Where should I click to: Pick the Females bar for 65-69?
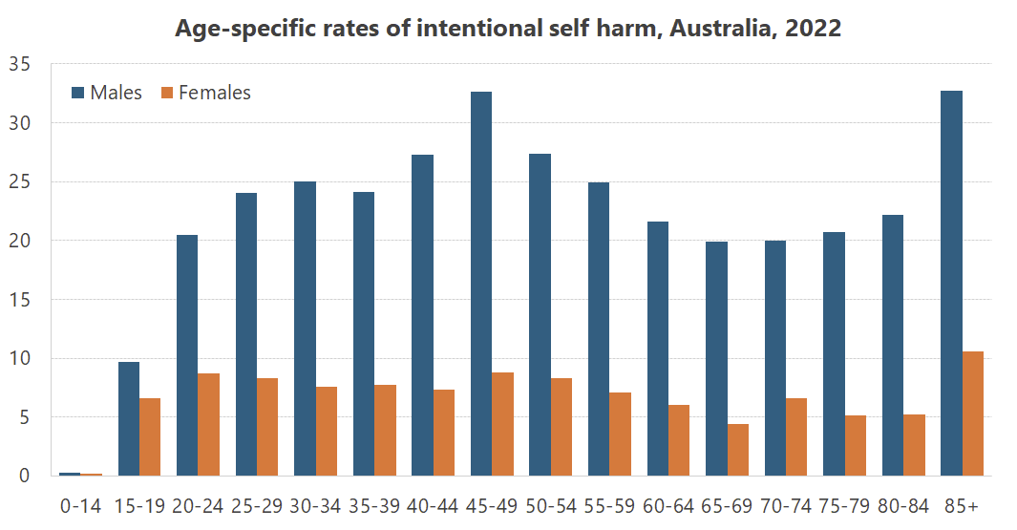[x=738, y=450]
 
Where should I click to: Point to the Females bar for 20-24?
[x=209, y=424]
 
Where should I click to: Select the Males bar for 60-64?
[x=657, y=349]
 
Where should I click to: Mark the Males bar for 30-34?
[x=305, y=329]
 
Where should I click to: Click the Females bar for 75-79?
[x=856, y=445]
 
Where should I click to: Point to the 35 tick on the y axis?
[x=20, y=64]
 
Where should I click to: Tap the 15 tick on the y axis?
[x=20, y=300]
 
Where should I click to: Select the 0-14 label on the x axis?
[x=80, y=505]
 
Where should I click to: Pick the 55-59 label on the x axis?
[x=609, y=505]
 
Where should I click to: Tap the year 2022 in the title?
[x=813, y=29]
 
